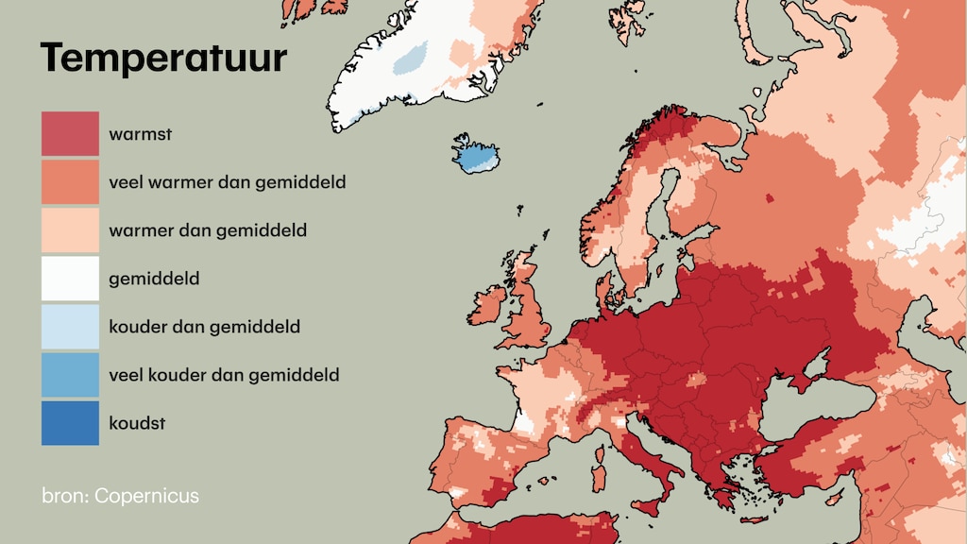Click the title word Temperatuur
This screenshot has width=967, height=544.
coord(162,59)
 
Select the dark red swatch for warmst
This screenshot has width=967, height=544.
coord(70,134)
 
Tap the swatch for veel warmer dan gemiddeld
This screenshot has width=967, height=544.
coord(70,181)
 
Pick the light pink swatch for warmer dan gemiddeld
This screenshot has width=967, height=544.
coord(70,230)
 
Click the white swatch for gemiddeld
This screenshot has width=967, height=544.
coord(70,279)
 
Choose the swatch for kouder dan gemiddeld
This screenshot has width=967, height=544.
coord(70,327)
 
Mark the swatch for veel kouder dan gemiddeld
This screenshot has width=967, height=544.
coord(70,375)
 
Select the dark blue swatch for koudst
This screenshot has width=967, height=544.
coord(70,423)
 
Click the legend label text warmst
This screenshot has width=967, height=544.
coord(140,134)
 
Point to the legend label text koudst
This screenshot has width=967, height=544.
coord(137,423)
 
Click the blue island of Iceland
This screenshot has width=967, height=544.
coord(478,155)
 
